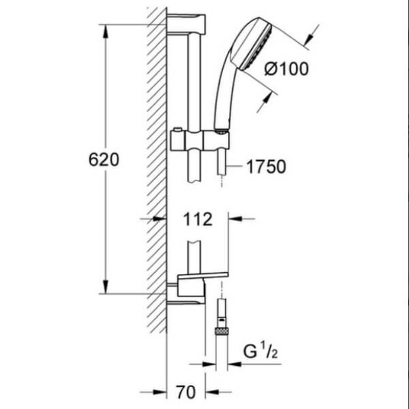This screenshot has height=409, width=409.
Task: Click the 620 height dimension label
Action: [x=104, y=159]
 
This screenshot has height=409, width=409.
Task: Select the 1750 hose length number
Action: [x=266, y=166]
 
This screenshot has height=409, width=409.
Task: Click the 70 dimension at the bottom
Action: [x=186, y=392]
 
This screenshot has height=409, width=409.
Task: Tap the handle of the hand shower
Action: [x=225, y=99]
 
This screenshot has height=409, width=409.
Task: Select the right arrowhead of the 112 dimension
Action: [x=235, y=219]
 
